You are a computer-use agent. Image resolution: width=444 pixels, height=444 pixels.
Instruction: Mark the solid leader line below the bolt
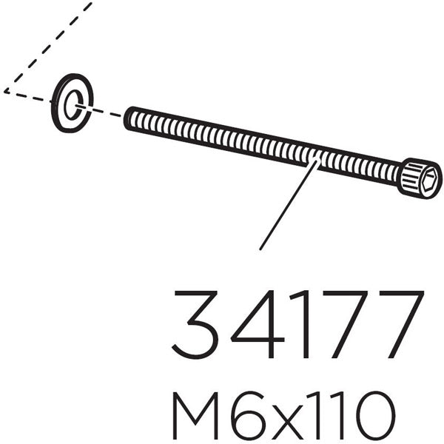[289, 206]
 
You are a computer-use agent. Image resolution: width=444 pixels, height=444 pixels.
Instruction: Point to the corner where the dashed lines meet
[5, 91]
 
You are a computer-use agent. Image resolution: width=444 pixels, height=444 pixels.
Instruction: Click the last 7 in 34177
[400, 325]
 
